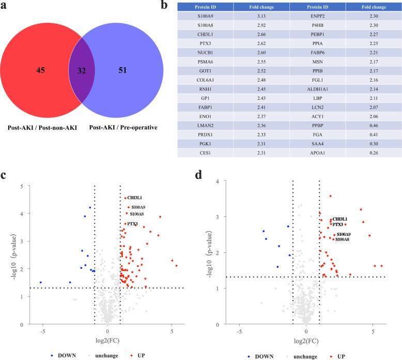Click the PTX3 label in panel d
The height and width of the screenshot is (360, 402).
[337, 224]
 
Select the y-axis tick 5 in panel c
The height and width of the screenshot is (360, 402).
[21, 186]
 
